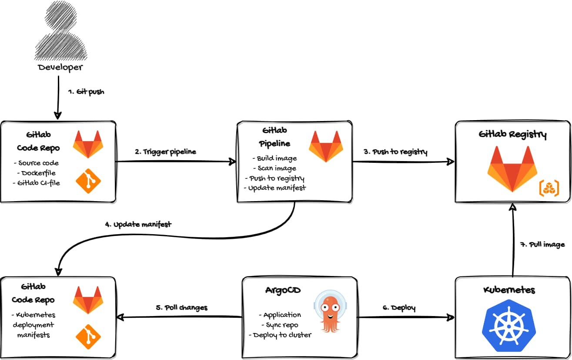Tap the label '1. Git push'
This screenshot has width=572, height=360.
tap(86, 92)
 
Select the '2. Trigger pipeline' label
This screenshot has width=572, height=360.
tap(165, 152)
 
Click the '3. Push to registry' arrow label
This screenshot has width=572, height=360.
tap(395, 152)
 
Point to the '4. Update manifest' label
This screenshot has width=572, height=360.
tap(138, 225)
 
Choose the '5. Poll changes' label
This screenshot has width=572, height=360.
tap(181, 307)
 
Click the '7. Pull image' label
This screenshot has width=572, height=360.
tap(542, 244)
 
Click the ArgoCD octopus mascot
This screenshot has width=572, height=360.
tap(331, 311)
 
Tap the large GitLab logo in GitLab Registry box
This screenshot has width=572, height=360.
tap(512, 169)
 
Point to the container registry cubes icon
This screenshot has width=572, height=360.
tap(549, 188)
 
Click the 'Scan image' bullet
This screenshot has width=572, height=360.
tap(277, 168)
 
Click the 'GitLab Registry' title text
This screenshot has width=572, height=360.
tap(512, 135)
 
